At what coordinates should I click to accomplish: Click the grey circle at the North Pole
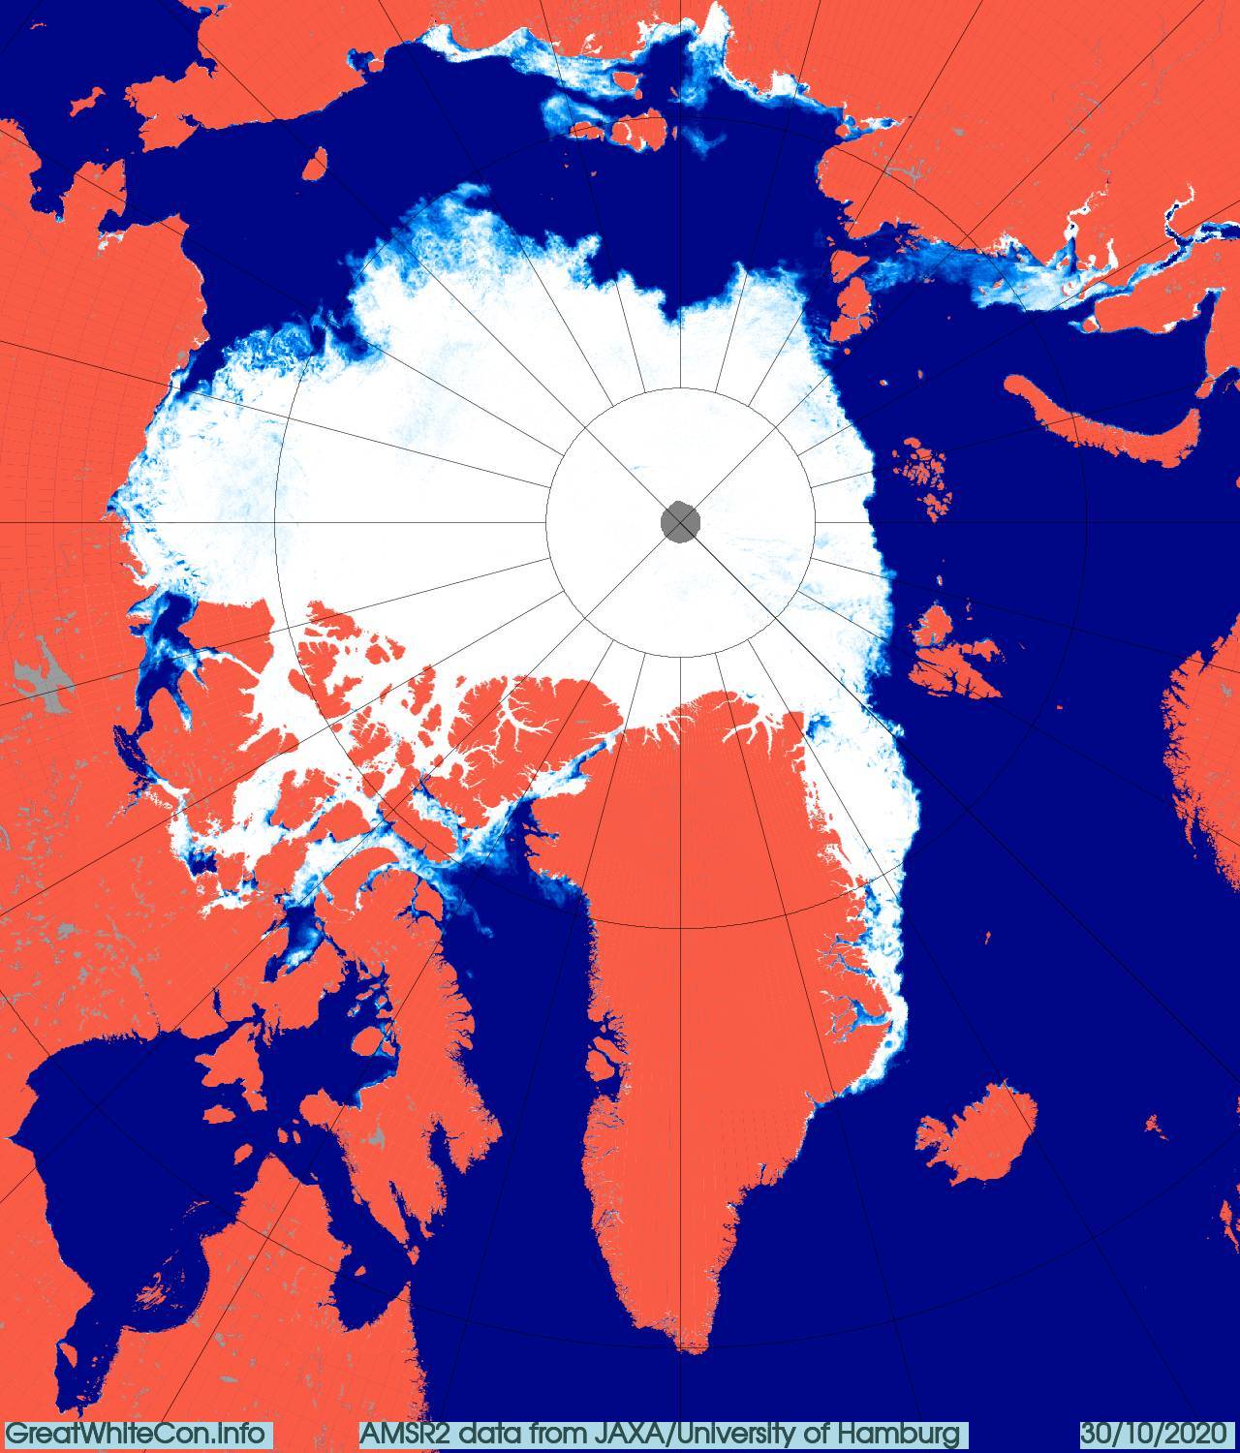tap(680, 522)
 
